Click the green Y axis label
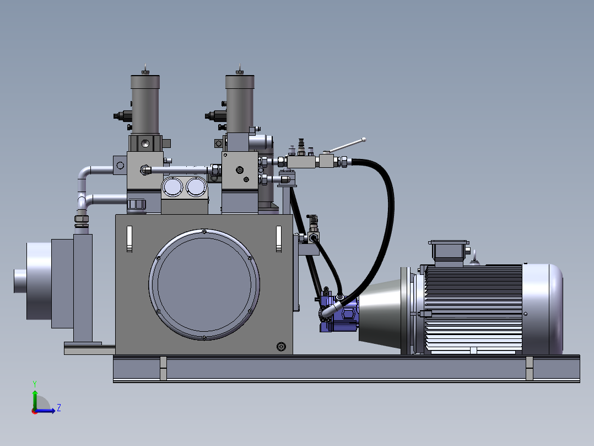(x=35, y=384)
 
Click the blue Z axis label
(x=59, y=408)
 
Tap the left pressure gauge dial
(x=172, y=187)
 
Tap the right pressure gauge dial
(x=196, y=187)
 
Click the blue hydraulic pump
(x=339, y=310)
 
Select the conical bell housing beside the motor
(x=380, y=314)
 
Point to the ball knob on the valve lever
(x=364, y=140)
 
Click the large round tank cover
(x=204, y=284)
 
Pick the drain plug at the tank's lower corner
(x=281, y=346)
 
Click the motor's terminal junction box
(x=449, y=252)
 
